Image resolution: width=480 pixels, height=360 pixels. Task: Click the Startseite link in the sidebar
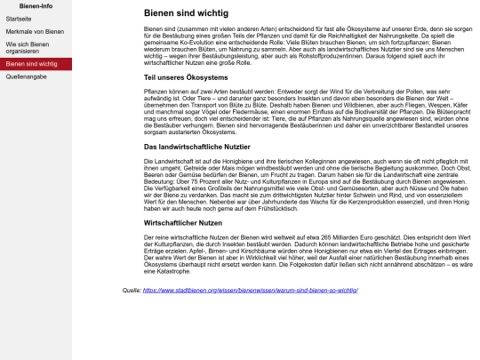pos(18,18)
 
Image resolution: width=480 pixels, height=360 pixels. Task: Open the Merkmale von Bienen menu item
pos(35,30)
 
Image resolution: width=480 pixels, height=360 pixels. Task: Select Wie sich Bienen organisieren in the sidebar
pos(27,47)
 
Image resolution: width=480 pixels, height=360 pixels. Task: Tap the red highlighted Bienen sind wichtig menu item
pos(31,65)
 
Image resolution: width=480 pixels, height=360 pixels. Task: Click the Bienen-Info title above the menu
pos(36,5)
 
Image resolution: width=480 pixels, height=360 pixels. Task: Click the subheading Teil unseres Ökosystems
pos(186,78)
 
